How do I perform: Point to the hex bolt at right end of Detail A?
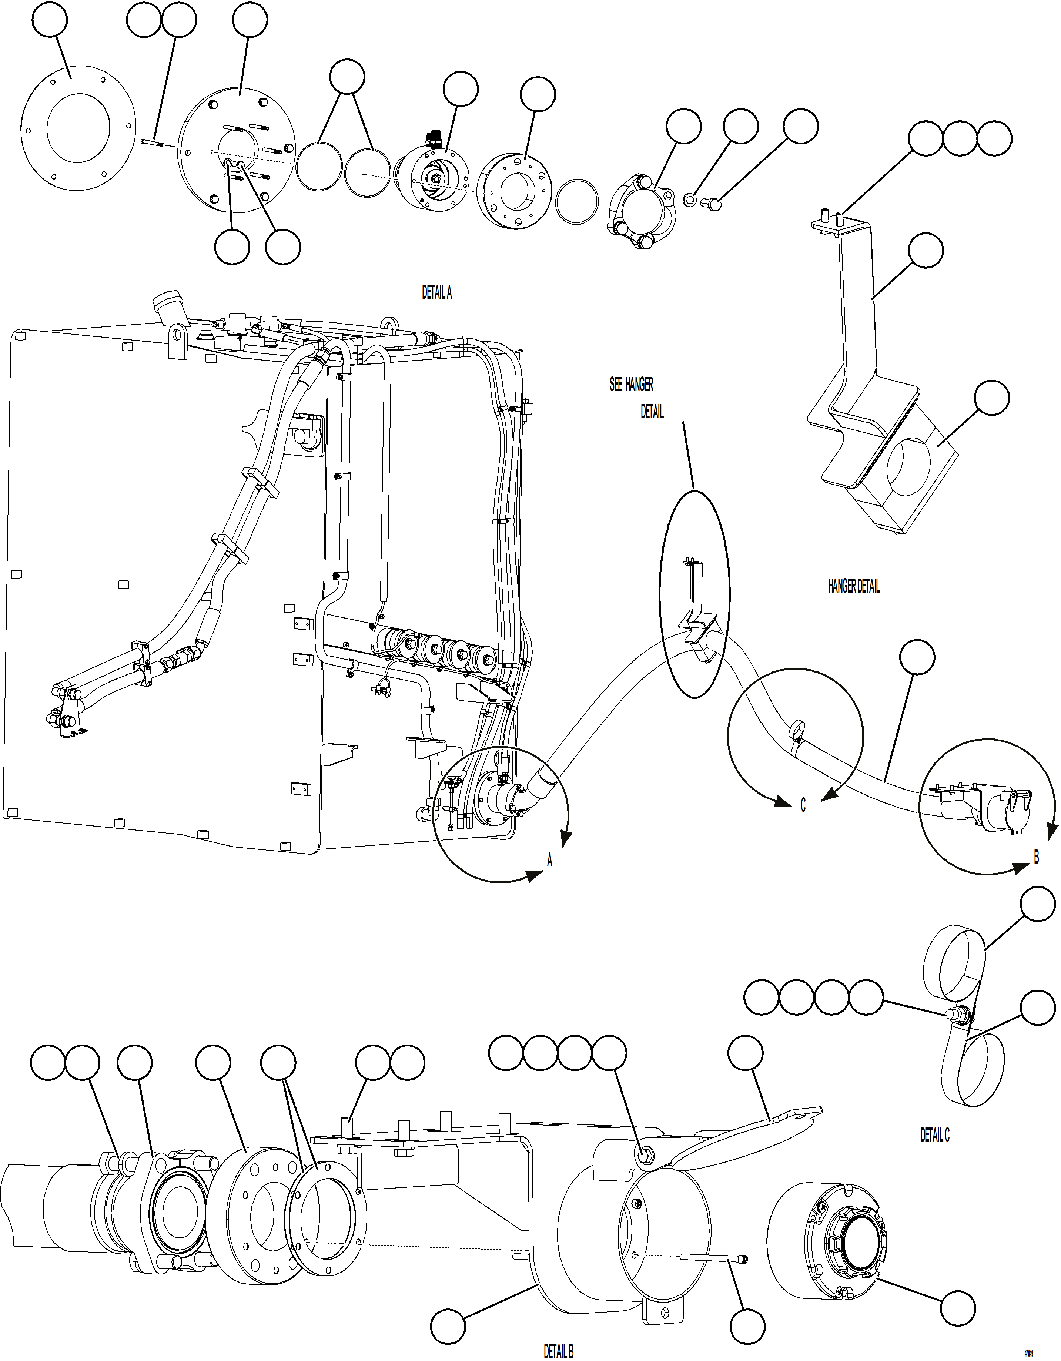click(x=713, y=203)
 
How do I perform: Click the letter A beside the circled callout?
click(x=549, y=862)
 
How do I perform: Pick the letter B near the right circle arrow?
click(x=1036, y=858)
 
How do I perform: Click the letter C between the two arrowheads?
click(x=803, y=806)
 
